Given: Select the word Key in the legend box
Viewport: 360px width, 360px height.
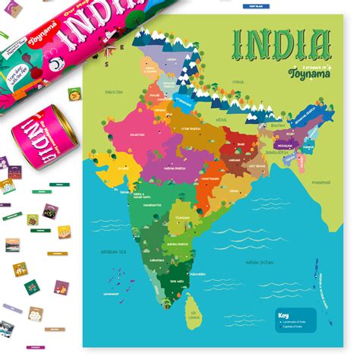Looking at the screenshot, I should coord(284,314).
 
